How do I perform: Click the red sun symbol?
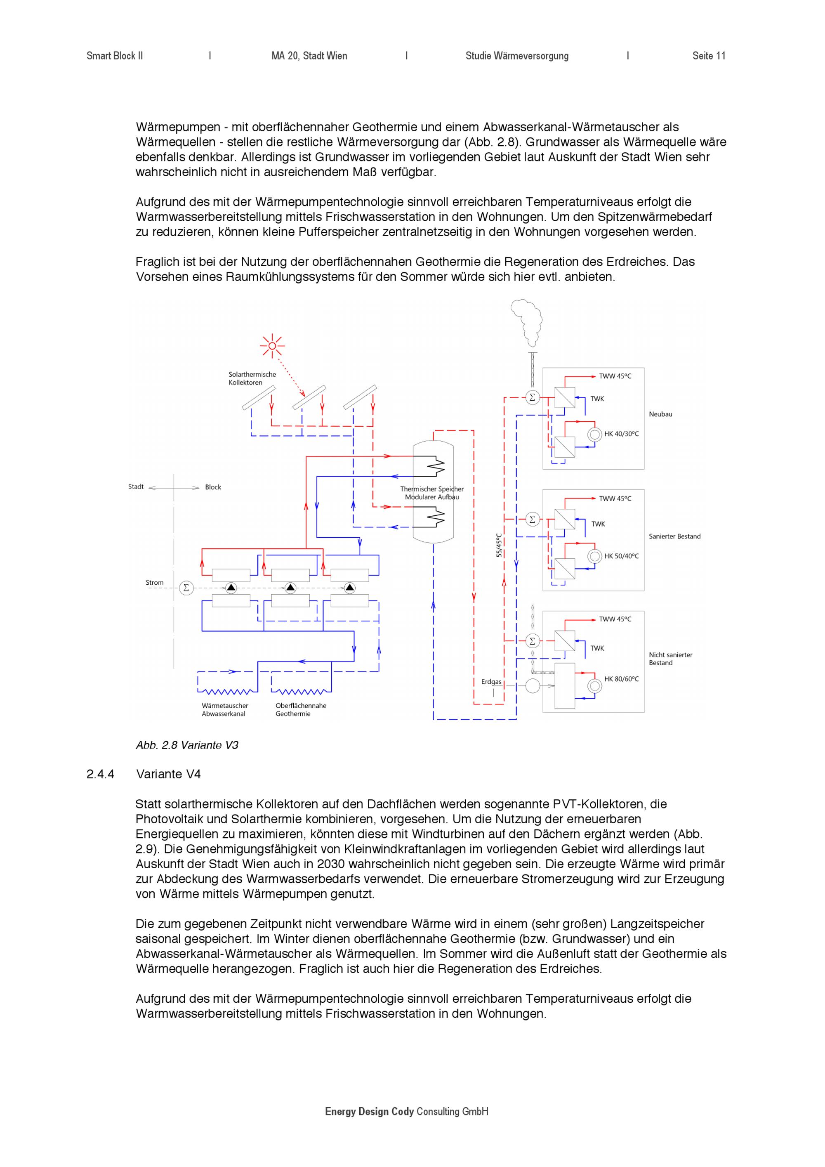point(272,346)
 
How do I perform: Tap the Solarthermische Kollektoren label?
point(252,378)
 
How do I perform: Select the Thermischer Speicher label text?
point(432,493)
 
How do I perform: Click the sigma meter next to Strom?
point(186,588)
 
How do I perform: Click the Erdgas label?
point(491,682)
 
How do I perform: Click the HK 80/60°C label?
point(621,679)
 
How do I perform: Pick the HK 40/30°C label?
point(621,434)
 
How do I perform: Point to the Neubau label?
point(660,414)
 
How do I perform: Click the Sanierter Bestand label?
point(674,536)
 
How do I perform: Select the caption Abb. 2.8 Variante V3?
point(187,745)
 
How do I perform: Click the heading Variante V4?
point(169,774)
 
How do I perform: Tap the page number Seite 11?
point(709,56)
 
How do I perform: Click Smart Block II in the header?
point(115,56)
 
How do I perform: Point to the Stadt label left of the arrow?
point(136,487)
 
